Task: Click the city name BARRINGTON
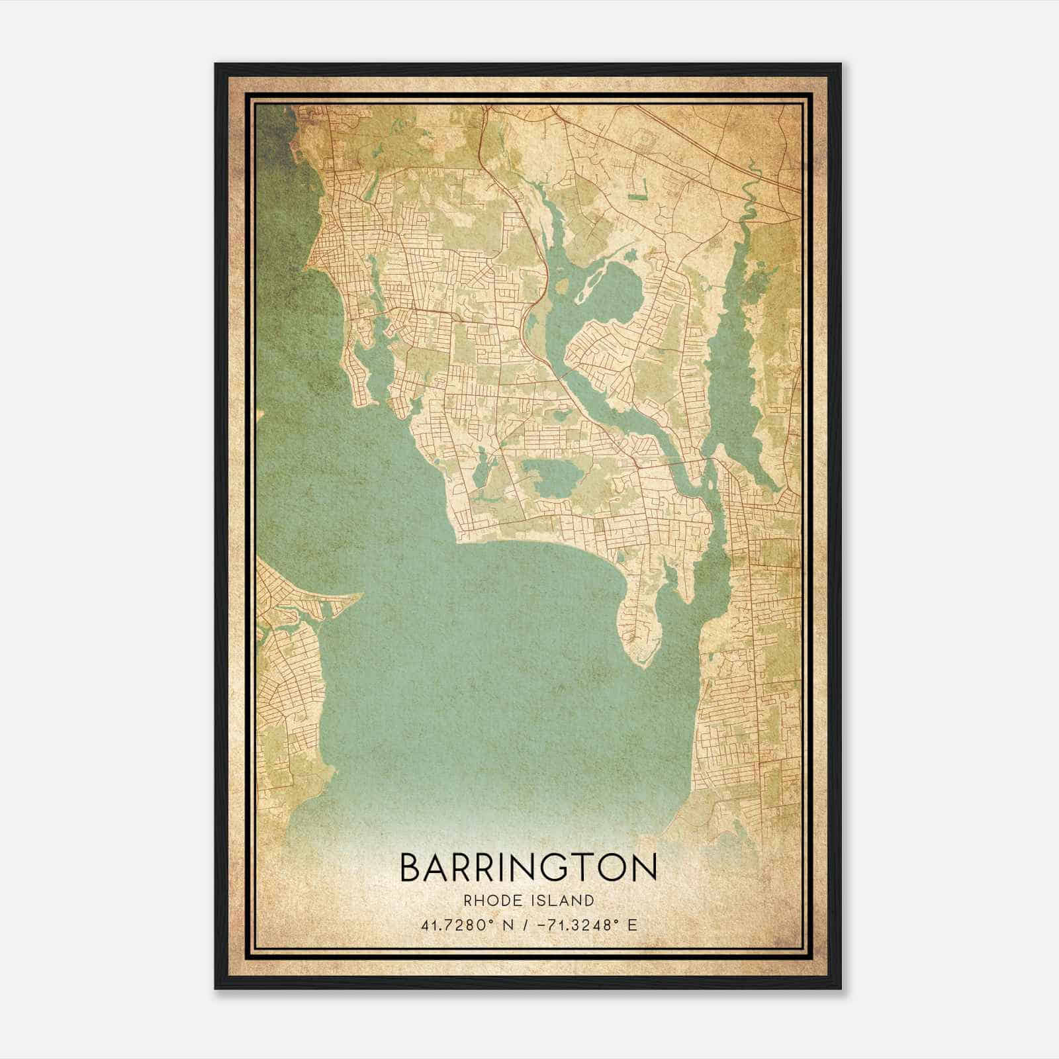(528, 868)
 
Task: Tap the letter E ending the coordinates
(632, 925)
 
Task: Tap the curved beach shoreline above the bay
(543, 543)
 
